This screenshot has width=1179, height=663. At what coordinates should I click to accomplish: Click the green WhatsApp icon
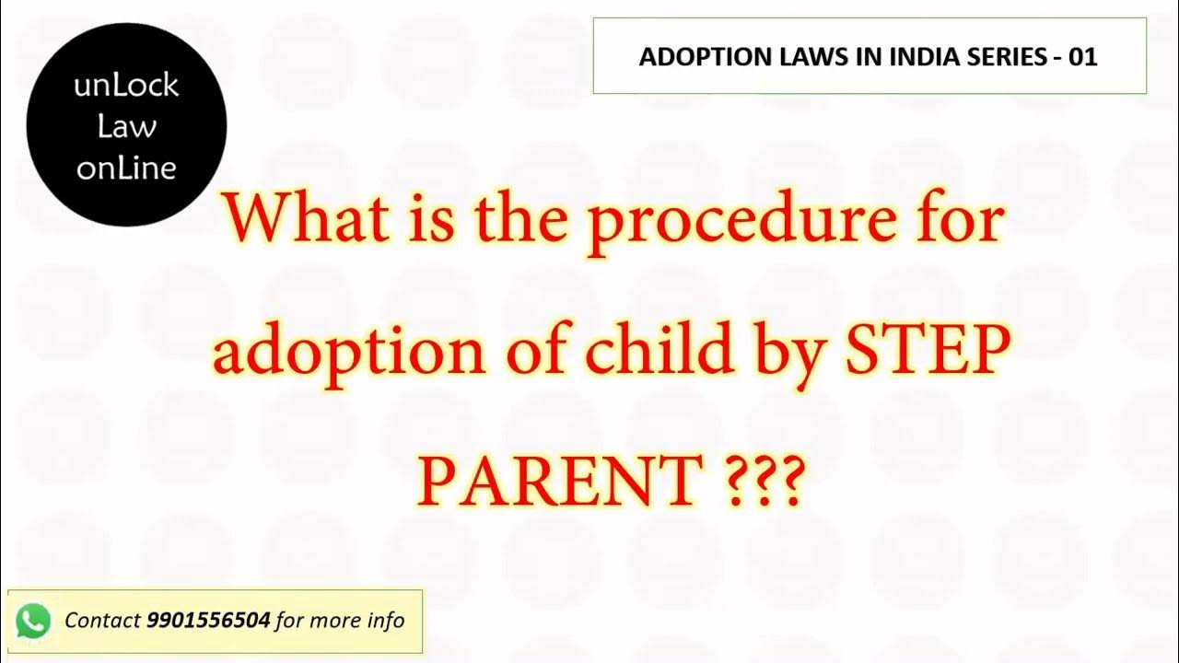33,622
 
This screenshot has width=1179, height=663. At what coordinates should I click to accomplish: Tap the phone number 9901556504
208,621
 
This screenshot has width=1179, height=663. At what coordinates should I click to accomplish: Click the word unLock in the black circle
126,87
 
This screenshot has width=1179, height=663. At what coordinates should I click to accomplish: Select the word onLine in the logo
126,168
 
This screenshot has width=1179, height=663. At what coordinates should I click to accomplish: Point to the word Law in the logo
126,127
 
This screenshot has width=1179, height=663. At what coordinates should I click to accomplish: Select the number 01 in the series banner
1083,57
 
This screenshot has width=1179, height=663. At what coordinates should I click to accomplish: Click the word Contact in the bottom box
102,621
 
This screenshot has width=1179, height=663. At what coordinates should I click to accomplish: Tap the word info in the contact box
384,621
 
